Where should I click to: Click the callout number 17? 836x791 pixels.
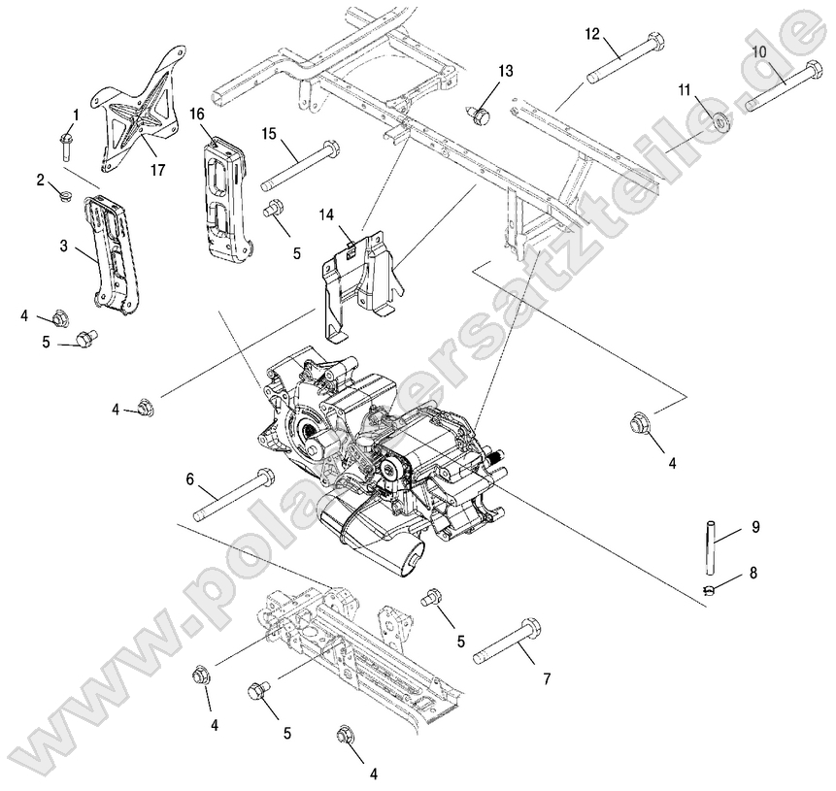pyautogui.click(x=157, y=169)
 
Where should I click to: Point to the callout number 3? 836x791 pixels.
pyautogui.click(x=63, y=247)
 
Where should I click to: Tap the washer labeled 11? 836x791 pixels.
pyautogui.click(x=720, y=123)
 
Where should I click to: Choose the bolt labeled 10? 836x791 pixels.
pyautogui.click(x=782, y=86)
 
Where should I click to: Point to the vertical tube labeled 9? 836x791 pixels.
pyautogui.click(x=711, y=547)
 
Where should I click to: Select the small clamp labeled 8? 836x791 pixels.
pyautogui.click(x=711, y=588)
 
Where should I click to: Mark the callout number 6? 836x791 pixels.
pyautogui.click(x=190, y=478)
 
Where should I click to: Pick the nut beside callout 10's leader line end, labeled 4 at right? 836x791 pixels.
pyautogui.click(x=638, y=422)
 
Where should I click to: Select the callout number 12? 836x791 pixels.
pyautogui.click(x=593, y=34)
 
